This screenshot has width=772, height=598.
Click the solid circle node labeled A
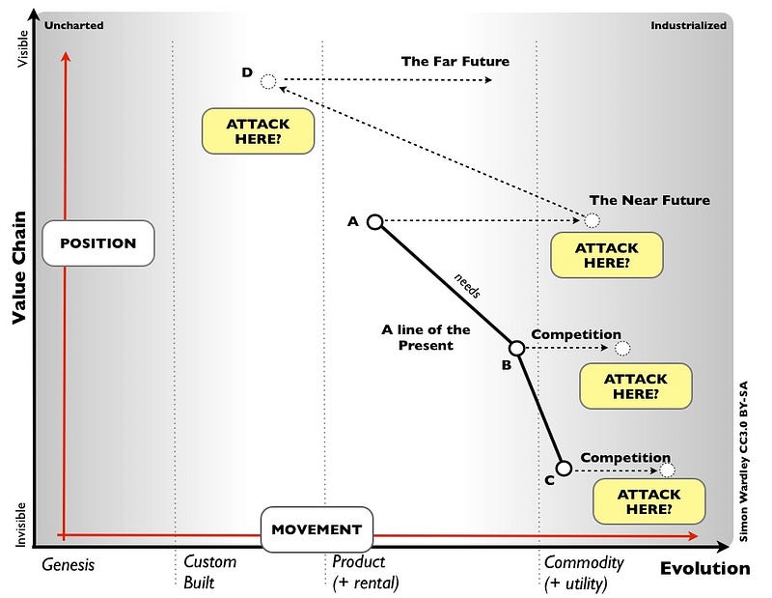[375, 222]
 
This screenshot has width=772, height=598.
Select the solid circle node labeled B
[516, 348]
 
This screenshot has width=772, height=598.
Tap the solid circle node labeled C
[564, 469]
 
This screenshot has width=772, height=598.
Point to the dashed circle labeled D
[269, 80]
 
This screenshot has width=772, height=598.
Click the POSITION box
[98, 243]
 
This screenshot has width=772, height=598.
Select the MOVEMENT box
[316, 529]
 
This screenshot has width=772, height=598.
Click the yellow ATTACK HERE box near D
[258, 131]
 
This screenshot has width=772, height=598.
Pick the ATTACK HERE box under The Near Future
[607, 255]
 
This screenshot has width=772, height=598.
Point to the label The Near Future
[649, 201]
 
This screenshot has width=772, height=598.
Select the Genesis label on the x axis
[69, 564]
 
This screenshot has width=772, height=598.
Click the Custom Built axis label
[209, 572]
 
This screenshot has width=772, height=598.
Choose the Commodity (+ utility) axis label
[585, 572]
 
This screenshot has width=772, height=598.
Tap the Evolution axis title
[704, 568]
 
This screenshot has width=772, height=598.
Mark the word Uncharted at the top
[74, 25]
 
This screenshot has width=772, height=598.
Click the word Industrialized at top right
[687, 25]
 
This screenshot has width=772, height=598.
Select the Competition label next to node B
[576, 334]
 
